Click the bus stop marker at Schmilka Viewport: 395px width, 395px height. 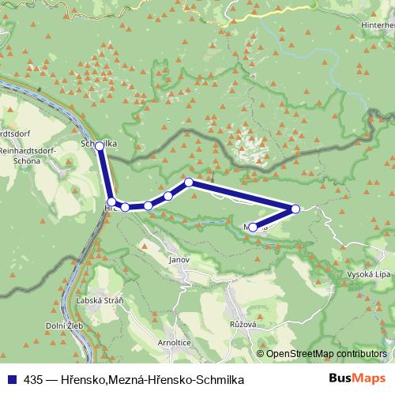[100, 146]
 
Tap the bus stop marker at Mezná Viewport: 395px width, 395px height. [252, 228]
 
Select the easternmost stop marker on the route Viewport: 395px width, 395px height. [295, 209]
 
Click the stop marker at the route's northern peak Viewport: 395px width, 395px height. [189, 182]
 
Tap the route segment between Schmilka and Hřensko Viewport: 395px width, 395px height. [105, 174]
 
